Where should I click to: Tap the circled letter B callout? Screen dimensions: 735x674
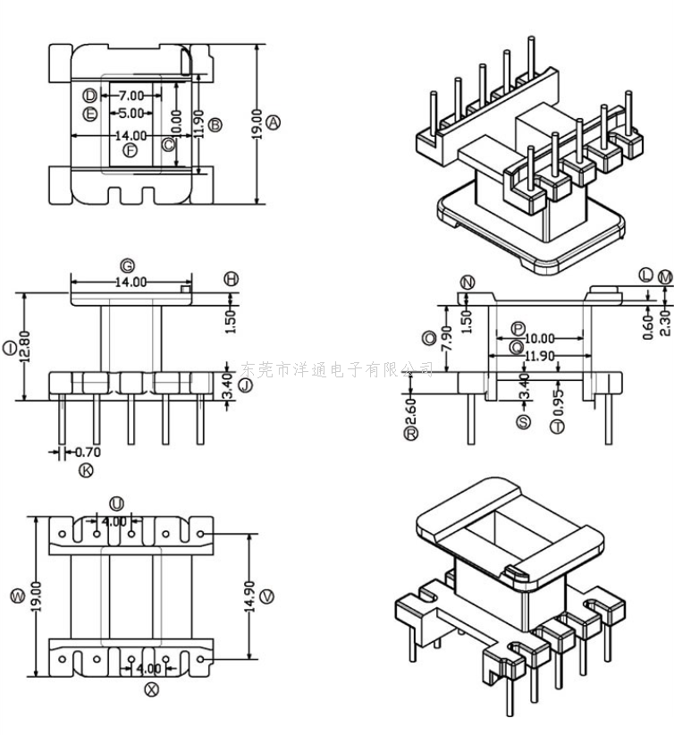(215, 123)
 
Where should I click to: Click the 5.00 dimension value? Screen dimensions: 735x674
(131, 114)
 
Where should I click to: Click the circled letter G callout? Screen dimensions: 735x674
(128, 266)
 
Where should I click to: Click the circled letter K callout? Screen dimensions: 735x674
(86, 470)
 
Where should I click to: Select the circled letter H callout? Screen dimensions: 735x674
(232, 280)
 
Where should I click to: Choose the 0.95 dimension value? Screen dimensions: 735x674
(559, 396)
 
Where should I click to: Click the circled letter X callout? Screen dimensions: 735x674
(151, 689)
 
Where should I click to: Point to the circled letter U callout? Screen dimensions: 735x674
(117, 504)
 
